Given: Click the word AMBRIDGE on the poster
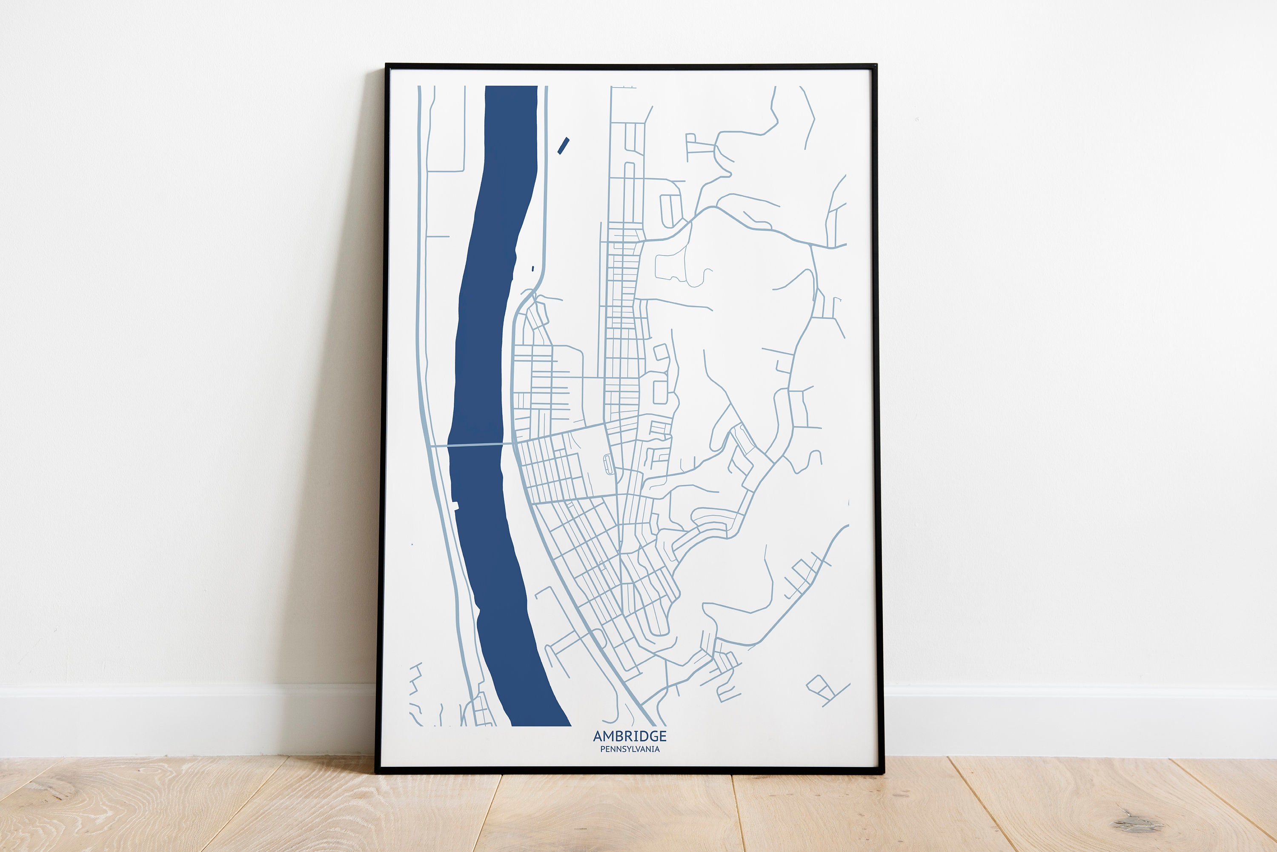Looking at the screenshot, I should [629, 736].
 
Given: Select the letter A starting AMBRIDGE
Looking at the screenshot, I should [598, 736].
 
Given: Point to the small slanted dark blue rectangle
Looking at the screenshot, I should [564, 146].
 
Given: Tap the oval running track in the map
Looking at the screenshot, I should [607, 465].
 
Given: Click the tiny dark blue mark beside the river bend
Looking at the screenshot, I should [533, 269].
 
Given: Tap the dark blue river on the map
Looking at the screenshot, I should [489, 326].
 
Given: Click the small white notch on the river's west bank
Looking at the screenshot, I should [455, 506].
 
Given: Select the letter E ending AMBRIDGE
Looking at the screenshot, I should [662, 736].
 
